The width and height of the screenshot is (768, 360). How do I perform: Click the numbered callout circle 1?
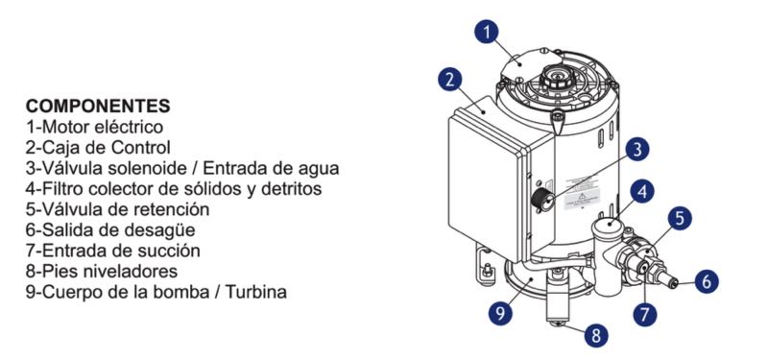[x=487, y=33]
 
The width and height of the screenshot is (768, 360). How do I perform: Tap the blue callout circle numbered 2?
[x=450, y=81]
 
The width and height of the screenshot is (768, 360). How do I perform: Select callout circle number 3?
[x=636, y=151]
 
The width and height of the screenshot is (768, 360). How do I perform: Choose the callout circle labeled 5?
[x=680, y=219]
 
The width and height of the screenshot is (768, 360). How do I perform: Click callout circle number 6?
[x=706, y=281]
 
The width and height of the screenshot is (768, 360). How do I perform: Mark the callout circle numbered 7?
[x=645, y=312]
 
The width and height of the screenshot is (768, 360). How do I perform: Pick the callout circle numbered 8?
[x=596, y=336]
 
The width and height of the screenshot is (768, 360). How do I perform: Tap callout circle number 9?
[x=499, y=313]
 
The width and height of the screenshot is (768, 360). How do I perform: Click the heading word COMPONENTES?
[x=98, y=106]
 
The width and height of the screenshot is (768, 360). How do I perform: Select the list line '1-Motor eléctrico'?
[x=94, y=127]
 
